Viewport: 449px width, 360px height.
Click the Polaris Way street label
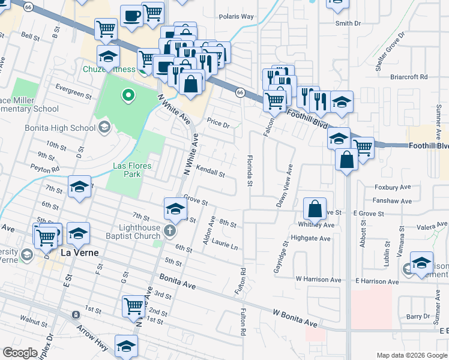[236, 17]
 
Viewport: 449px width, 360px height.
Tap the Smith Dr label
[348, 23]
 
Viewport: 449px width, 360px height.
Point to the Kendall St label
[210, 172]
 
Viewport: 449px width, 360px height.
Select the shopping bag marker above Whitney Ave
[315, 209]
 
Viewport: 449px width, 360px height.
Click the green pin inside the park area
[127, 94]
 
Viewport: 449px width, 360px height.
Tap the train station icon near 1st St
[76, 314]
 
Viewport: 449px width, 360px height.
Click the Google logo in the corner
[20, 352]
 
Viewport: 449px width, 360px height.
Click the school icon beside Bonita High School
[104, 127]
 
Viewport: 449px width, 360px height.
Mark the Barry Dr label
[418, 316]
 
